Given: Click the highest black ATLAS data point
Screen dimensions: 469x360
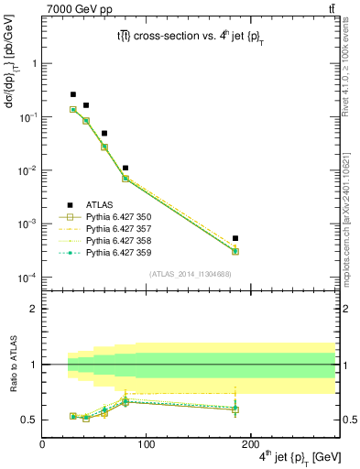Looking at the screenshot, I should pyautogui.click(x=73, y=94).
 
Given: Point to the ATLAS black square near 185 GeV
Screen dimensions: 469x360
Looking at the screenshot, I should pyautogui.click(x=235, y=238).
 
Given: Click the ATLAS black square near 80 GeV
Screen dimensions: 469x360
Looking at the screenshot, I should pyautogui.click(x=125, y=168).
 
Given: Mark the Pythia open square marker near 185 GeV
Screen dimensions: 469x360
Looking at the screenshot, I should pyautogui.click(x=235, y=251).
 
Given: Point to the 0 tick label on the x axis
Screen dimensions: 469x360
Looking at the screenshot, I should pyautogui.click(x=42, y=445).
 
